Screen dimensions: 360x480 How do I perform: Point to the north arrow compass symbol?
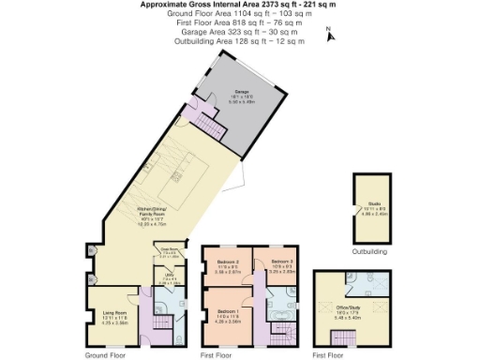[328, 35]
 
